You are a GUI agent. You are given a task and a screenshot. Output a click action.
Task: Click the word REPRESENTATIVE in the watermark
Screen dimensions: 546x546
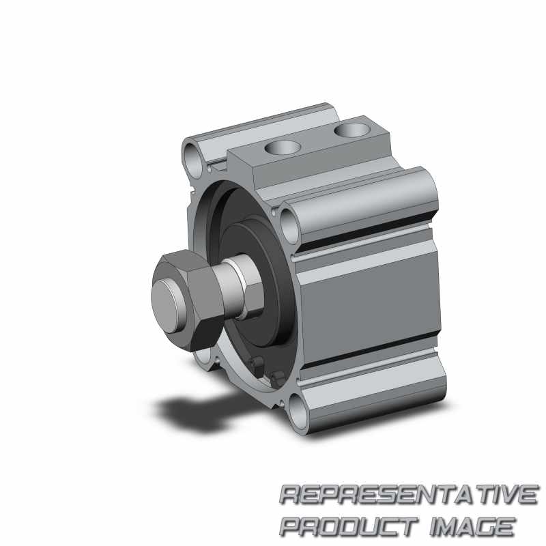click(409, 494)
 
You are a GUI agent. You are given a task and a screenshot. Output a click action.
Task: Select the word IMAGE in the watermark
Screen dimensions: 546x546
click(472, 527)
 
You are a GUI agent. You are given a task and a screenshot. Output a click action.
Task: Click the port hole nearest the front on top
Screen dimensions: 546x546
click(283, 147)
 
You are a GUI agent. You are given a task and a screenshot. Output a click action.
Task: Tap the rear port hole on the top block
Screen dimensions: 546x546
click(352, 130)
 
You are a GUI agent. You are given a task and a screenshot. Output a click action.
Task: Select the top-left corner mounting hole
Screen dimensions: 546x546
click(193, 160)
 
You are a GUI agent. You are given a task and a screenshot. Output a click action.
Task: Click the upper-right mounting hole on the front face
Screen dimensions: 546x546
click(289, 226)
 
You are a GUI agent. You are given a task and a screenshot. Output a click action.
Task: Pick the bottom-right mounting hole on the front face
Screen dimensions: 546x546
click(298, 412)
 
